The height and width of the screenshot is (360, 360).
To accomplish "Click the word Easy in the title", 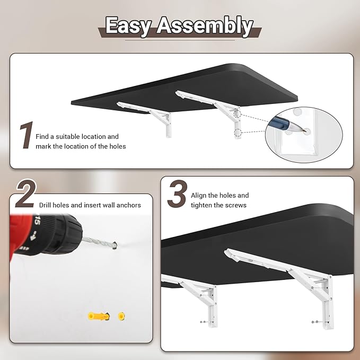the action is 128,26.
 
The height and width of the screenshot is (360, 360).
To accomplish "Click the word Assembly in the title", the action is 205,25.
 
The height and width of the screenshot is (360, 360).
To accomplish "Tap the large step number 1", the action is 27,135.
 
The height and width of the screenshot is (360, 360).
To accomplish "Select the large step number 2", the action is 26,194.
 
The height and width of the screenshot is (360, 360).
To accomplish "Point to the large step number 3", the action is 177,194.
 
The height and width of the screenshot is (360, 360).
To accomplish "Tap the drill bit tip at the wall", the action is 116,245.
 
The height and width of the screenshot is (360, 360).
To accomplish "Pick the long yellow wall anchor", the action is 99,317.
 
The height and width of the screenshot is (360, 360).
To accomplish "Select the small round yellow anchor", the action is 121,316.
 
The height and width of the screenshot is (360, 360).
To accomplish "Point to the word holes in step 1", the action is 118,146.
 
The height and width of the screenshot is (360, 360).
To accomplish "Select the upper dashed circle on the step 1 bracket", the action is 237,114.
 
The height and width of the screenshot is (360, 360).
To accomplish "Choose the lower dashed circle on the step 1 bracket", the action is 238,133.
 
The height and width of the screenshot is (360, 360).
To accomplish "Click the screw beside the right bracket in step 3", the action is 315,322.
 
